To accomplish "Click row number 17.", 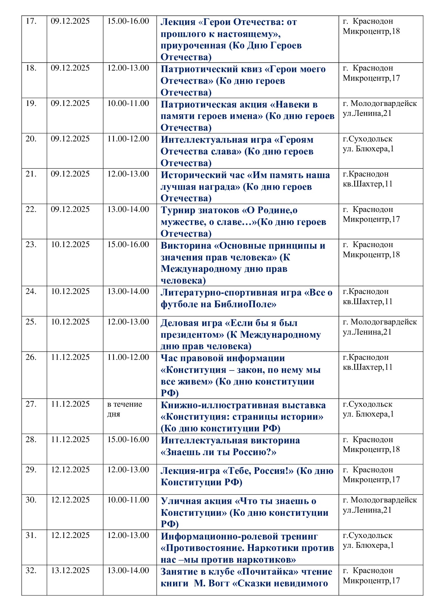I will pyautogui.click(x=31, y=21).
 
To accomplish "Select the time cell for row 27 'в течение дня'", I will pyautogui.click(x=125, y=409).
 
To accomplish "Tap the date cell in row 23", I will pyautogui.click(x=70, y=245).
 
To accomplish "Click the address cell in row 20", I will pyautogui.click(x=368, y=144).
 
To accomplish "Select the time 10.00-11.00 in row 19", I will pyautogui.click(x=128, y=103).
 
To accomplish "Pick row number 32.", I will pyautogui.click(x=31, y=570).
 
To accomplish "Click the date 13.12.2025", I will pyautogui.click(x=70, y=570).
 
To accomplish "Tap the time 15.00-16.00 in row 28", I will pyautogui.click(x=128, y=440).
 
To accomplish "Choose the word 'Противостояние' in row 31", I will pyautogui.click(x=203, y=548).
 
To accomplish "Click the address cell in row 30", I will pyautogui.click(x=380, y=505).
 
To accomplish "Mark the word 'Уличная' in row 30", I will pyautogui.click(x=180, y=501).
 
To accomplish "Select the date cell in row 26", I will pyautogui.click(x=70, y=357).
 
